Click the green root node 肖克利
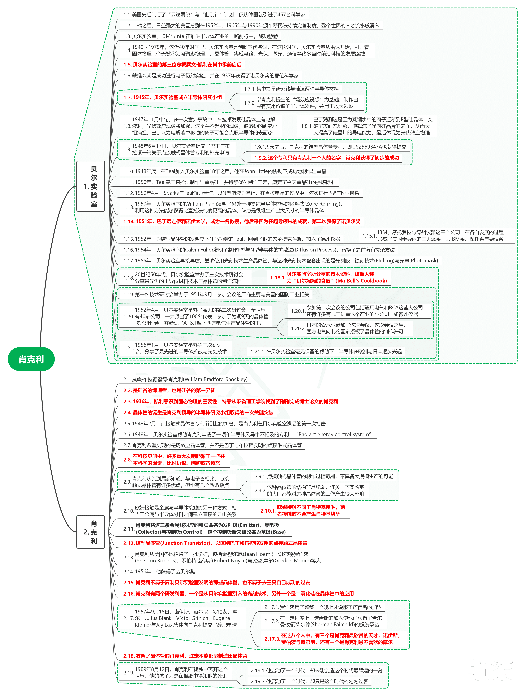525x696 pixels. coord(31,359)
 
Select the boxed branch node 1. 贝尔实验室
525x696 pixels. coord(91,186)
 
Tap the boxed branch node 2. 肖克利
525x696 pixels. coord(91,532)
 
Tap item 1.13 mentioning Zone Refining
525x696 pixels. coord(233,207)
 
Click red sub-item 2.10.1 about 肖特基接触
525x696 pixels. coord(303,511)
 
